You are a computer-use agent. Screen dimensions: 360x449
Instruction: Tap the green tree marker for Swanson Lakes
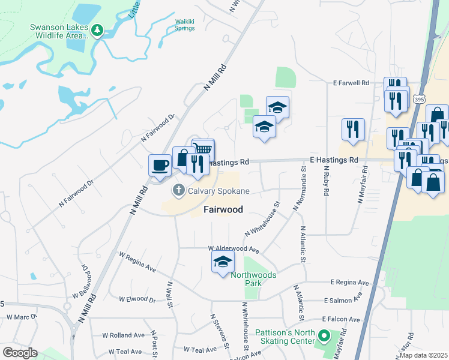(97, 29)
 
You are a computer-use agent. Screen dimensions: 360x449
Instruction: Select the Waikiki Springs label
(185, 25)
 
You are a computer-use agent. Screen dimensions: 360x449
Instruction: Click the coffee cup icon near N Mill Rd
(160, 164)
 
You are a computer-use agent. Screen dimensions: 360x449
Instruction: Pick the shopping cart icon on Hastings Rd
(203, 148)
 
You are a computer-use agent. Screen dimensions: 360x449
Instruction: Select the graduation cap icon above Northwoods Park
(223, 261)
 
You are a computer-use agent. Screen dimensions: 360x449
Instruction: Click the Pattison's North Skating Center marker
(324, 336)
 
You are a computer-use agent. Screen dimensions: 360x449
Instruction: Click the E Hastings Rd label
(334, 160)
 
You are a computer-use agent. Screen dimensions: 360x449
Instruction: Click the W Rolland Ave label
(123, 335)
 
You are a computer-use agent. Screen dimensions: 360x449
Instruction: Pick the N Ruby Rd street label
(326, 184)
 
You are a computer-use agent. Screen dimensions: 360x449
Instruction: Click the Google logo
(20, 353)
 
